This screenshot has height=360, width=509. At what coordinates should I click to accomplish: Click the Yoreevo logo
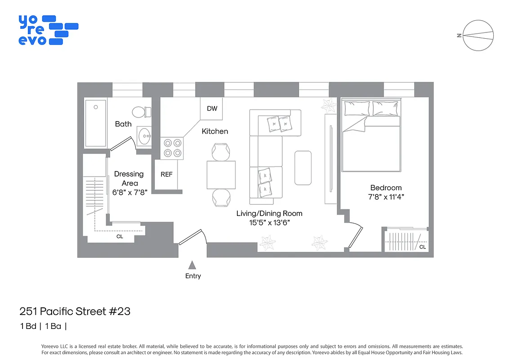(48, 30)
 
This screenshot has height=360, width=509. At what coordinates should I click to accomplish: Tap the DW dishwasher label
(212, 108)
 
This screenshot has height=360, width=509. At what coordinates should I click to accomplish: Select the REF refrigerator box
(166, 175)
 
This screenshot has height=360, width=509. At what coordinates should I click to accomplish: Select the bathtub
(96, 123)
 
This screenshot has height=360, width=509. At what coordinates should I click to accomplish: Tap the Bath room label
(123, 124)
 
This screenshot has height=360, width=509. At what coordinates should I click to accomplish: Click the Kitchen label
(214, 131)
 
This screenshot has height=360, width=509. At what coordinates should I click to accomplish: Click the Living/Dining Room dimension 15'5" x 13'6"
(269, 223)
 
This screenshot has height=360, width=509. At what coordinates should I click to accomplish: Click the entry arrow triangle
(192, 265)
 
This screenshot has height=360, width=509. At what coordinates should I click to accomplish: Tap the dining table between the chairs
(221, 175)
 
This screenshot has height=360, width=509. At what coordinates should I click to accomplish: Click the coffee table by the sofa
(303, 168)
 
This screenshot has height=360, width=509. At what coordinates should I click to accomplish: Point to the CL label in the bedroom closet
(422, 247)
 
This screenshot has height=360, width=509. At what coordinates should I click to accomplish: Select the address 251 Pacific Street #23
(75, 311)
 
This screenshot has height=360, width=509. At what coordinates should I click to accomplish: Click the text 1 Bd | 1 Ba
(44, 326)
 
